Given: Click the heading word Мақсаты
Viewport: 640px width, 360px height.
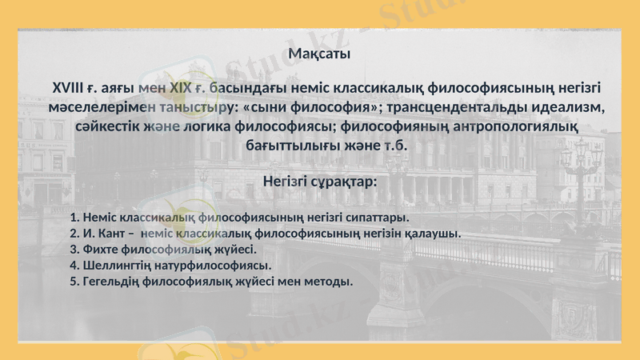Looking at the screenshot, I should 319,54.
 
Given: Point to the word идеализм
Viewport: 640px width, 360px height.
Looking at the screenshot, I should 565,106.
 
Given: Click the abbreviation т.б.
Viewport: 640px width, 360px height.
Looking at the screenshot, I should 394,146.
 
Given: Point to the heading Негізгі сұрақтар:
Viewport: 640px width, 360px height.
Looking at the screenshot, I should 319,182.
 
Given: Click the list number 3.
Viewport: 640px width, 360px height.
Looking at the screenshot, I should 74,249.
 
